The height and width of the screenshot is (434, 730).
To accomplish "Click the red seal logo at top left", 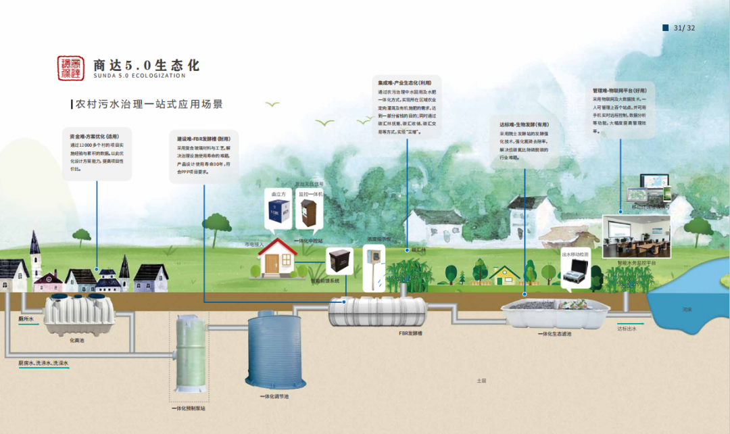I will point(71,68).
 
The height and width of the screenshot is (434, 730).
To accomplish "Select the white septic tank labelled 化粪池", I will point(77,316).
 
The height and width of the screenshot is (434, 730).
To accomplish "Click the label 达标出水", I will point(627,329).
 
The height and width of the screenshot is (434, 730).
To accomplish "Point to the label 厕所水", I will point(26,318).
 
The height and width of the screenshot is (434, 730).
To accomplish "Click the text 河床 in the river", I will point(687,310).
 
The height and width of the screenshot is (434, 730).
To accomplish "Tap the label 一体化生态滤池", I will point(554,334).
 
